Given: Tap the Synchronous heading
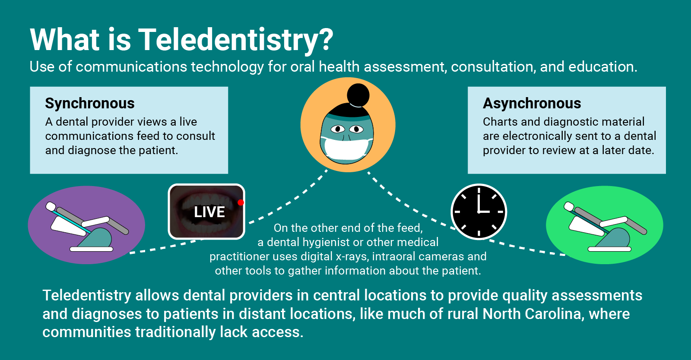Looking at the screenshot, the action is [x=90, y=104].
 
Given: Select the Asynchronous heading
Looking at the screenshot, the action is [x=532, y=104].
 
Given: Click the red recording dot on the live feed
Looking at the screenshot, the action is [x=241, y=202].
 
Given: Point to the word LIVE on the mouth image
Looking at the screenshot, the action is [x=209, y=212].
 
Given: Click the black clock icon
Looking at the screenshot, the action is [x=479, y=212].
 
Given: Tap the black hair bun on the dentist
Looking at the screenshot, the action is [x=358, y=94].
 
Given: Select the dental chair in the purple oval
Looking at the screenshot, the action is [x=87, y=227].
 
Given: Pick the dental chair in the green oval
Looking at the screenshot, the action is [x=605, y=227].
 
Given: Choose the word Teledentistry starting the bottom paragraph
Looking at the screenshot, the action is [x=87, y=296].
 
